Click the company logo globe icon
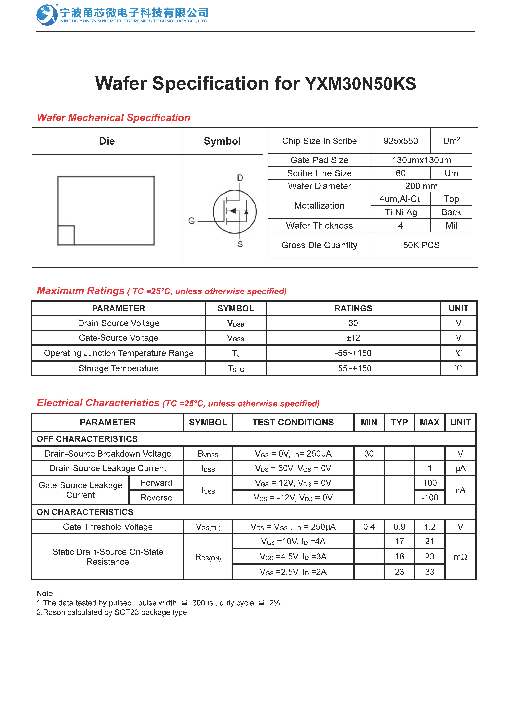(47, 15)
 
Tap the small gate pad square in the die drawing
(66, 235)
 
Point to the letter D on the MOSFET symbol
(240, 178)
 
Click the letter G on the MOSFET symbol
(191, 221)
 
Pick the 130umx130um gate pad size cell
(421, 160)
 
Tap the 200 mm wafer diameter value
(421, 186)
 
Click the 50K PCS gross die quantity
(421, 245)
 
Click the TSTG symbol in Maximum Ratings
(236, 369)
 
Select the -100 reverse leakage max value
(430, 498)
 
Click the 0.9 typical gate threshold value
(399, 527)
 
